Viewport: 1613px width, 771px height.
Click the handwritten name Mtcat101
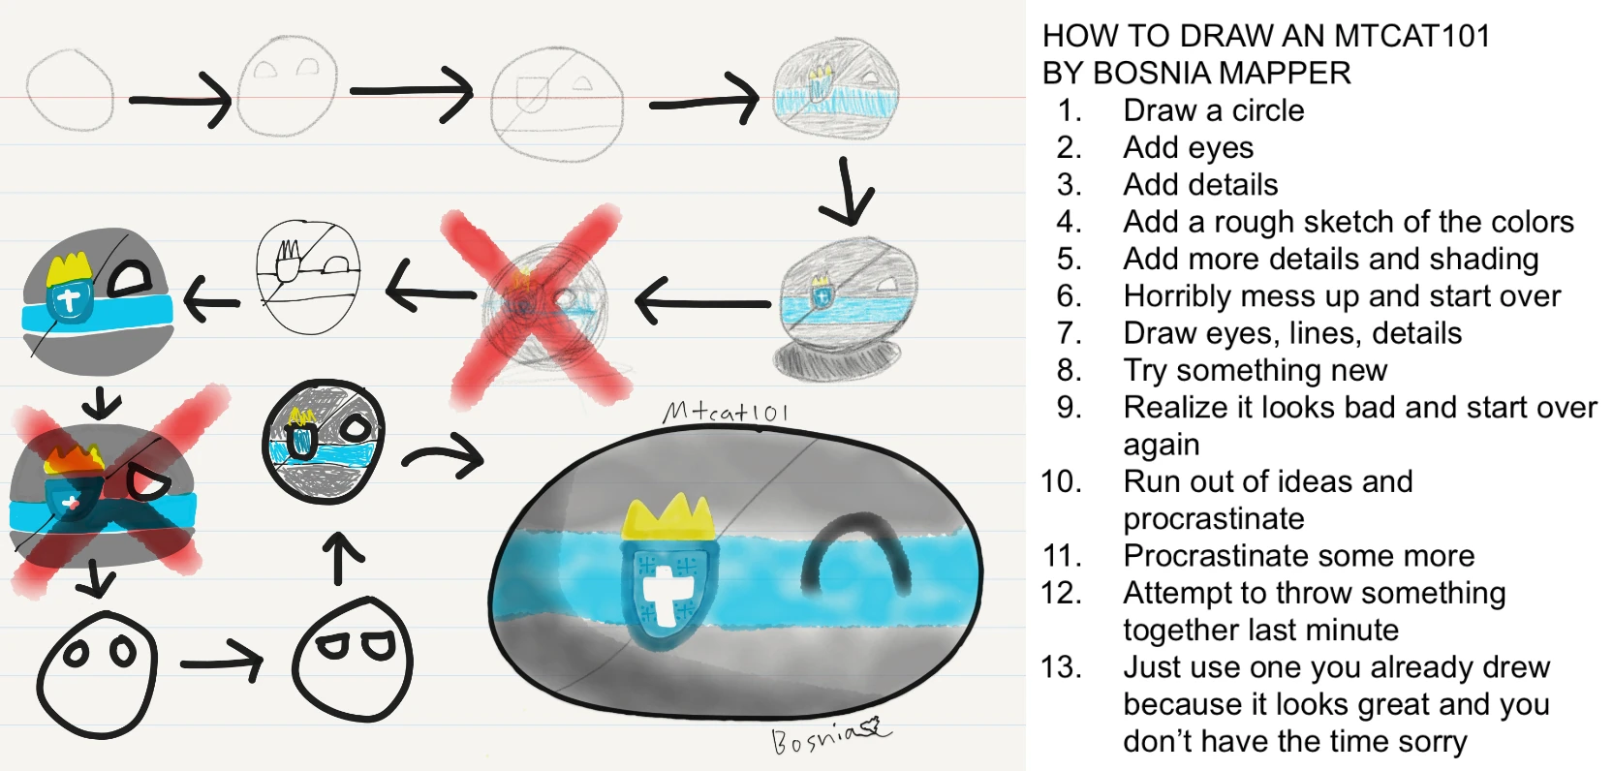pos(726,413)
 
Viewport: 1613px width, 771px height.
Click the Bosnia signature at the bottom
pos(828,737)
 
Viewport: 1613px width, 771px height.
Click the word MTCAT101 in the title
pos(1411,37)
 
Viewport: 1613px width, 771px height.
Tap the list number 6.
pos(1069,296)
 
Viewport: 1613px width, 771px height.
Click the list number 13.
pos(1062,667)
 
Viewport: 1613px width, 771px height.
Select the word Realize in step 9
pos(1175,408)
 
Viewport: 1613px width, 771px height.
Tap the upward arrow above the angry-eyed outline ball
pos(338,559)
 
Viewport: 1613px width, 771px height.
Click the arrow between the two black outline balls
pos(222,663)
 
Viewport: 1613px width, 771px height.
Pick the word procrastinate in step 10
pos(1214,519)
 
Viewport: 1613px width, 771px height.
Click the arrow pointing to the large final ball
pos(443,455)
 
